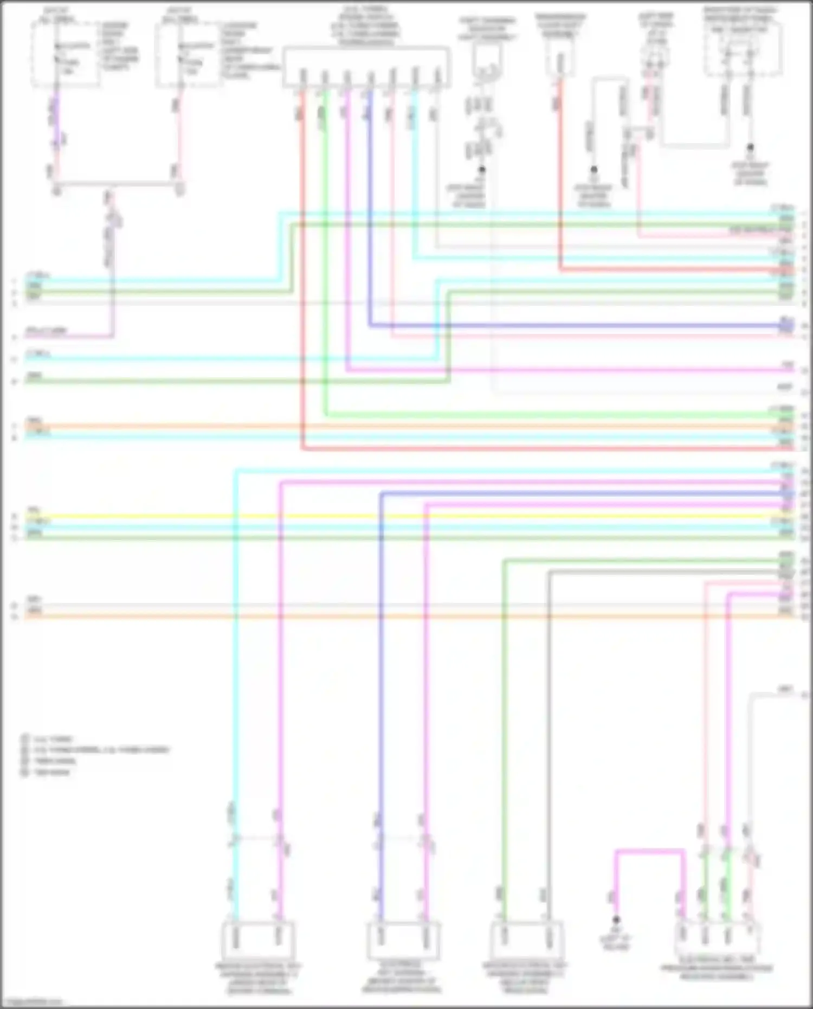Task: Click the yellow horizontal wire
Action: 379,516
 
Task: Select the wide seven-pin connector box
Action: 366,67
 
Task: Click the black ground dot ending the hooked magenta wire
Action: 616,920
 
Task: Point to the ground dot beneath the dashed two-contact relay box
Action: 750,147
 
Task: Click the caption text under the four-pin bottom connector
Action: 718,972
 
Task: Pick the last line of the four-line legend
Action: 51,772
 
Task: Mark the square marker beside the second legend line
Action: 24,750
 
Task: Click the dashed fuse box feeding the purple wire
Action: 65,54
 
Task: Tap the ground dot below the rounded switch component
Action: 481,170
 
